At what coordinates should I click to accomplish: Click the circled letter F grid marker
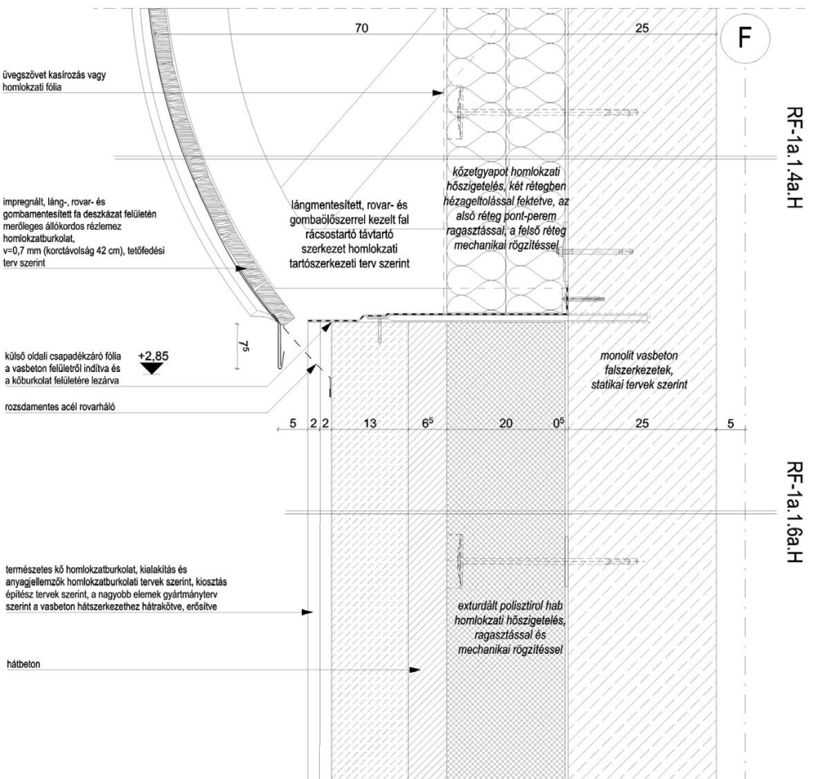tap(741, 38)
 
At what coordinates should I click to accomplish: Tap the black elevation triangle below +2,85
tap(151, 368)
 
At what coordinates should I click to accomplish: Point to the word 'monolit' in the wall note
tap(617, 356)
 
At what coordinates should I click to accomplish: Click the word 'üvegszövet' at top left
tap(25, 75)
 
